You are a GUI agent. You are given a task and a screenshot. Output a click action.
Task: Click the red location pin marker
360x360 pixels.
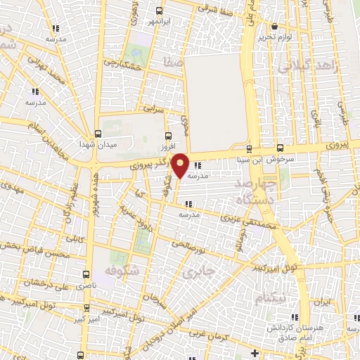tap(181, 165)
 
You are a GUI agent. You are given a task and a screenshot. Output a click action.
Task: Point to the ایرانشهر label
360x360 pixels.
tap(160, 21)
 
